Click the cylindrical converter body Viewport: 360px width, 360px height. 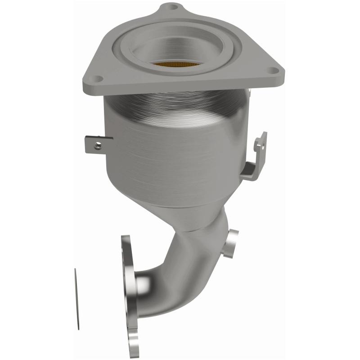pyautogui.click(x=175, y=144)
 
